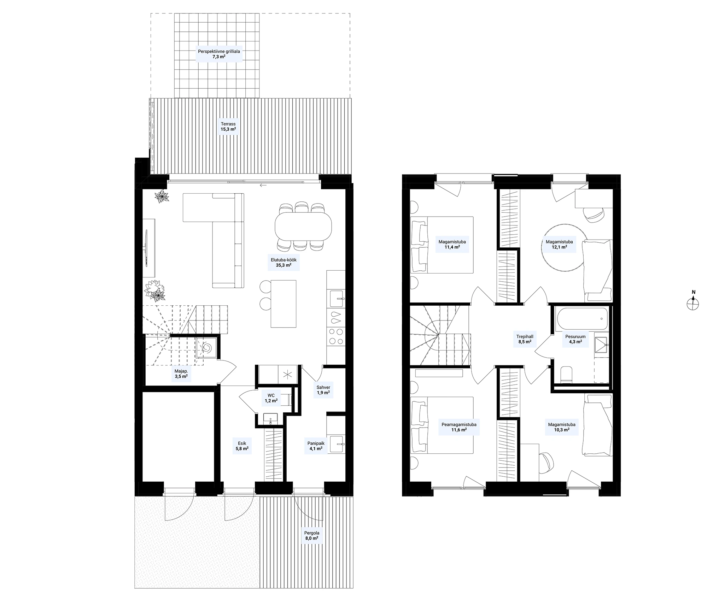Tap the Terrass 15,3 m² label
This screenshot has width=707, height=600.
coord(228,127)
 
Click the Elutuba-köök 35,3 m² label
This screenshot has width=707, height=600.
coord(284,262)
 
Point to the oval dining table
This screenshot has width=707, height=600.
coord(303,226)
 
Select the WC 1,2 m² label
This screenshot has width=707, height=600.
coord(271,398)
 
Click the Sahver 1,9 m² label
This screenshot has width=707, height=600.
coord(323,390)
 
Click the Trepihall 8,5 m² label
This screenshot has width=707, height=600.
coord(525,339)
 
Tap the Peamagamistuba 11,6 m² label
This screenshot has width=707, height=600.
coord(459,427)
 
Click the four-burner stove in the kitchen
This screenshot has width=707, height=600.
coord(335,336)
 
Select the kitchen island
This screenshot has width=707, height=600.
coord(284,304)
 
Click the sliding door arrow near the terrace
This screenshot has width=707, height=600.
coord(263,185)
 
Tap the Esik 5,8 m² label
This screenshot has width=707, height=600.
coord(242,446)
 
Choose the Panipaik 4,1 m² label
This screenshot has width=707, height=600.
coord(316,446)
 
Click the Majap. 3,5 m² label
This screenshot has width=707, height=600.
coord(181,374)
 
